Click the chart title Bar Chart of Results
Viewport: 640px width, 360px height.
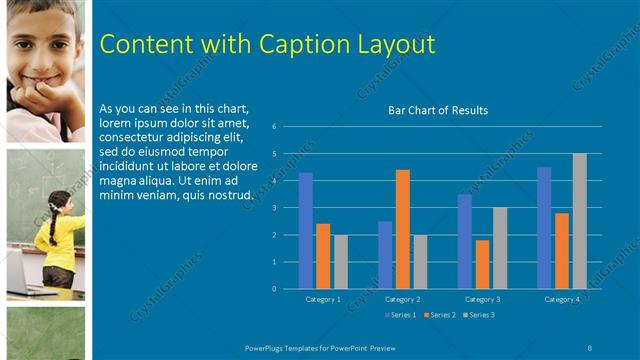tap(438, 110)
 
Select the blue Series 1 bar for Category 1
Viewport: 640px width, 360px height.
tap(305, 231)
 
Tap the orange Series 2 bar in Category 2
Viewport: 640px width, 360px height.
tap(402, 229)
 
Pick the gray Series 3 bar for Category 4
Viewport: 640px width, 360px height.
tap(579, 221)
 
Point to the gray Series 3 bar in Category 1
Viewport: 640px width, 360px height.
tap(341, 261)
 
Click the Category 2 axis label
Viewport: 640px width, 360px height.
tap(401, 299)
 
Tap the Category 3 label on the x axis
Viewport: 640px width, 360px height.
tap(483, 299)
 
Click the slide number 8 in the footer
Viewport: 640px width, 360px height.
tap(590, 346)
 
